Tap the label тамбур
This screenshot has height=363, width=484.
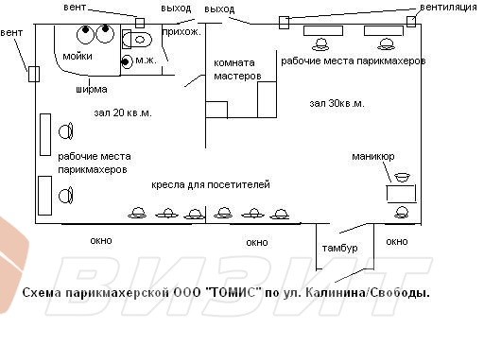(339, 248)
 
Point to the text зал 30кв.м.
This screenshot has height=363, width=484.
(337, 102)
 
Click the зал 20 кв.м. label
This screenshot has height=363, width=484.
(122, 112)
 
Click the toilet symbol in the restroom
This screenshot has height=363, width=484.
(138, 39)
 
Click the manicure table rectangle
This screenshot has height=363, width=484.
(400, 192)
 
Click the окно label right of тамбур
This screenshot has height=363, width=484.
(397, 242)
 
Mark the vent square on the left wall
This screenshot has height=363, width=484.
(32, 73)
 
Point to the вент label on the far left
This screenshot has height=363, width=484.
(12, 34)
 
